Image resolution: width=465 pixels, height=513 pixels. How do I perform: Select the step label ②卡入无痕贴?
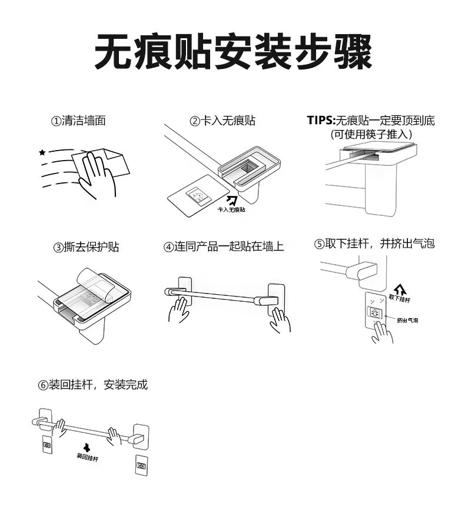pyautogui.click(x=222, y=121)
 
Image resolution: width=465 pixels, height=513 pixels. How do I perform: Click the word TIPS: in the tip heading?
pyautogui.click(x=320, y=121)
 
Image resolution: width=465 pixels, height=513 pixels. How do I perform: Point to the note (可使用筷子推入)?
pyautogui.click(x=371, y=134)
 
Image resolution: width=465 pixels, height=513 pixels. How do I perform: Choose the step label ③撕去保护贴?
pyautogui.click(x=87, y=246)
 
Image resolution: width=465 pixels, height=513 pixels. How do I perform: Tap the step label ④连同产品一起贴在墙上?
pyautogui.click(x=224, y=246)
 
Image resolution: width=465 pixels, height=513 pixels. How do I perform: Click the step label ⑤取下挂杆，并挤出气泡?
pyautogui.click(x=374, y=244)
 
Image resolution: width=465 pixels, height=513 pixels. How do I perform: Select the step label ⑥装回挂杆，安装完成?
pyautogui.click(x=93, y=385)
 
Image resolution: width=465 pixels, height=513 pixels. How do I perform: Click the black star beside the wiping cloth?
pyautogui.click(x=42, y=153)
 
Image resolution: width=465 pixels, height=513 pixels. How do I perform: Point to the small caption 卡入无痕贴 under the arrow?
pyautogui.click(x=231, y=209)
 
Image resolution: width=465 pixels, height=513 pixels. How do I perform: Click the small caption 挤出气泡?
pyautogui.click(x=407, y=320)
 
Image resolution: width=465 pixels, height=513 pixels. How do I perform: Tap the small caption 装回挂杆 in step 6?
pyautogui.click(x=87, y=456)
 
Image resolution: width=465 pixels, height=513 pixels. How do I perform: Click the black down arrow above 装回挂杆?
pyautogui.click(x=87, y=447)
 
